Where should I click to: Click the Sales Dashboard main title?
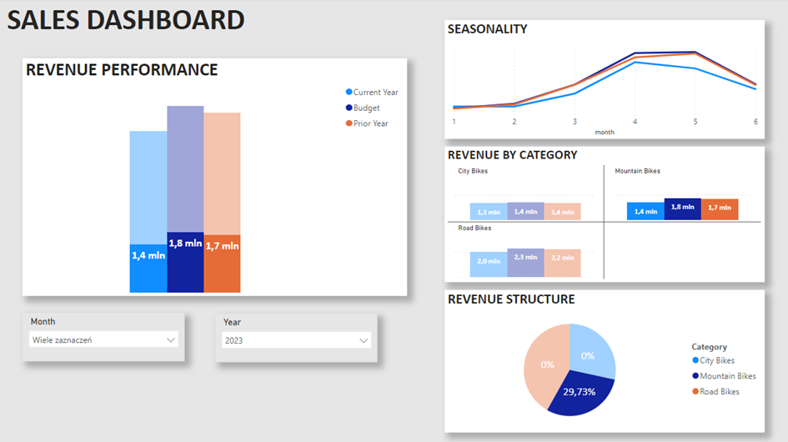coord(126,20)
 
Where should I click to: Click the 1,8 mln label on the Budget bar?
coord(185,244)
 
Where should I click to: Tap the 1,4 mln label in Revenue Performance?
coord(148,255)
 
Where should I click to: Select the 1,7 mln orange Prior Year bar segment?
coord(222,263)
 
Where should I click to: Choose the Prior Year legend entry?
coord(366,123)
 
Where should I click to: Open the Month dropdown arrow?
coord(171,340)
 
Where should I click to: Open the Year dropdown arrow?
coord(364,340)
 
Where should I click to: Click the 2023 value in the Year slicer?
coord(234,340)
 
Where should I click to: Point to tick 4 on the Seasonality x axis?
coord(635,122)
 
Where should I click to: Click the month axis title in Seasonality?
coord(605,132)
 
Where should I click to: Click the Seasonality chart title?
coord(487,29)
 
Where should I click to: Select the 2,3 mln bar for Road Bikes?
coord(525,258)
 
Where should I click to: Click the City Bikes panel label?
coord(473,171)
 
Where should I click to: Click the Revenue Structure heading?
coord(511,299)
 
